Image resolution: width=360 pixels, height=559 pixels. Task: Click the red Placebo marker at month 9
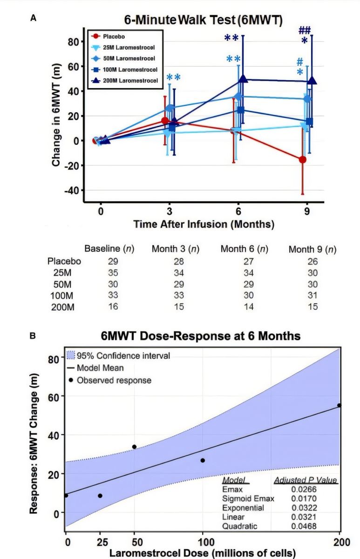(x=303, y=159)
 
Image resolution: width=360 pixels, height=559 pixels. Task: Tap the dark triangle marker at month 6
(x=243, y=79)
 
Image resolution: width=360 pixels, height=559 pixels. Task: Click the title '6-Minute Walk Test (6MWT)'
(x=203, y=20)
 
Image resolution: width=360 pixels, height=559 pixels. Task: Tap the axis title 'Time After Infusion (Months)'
(x=204, y=224)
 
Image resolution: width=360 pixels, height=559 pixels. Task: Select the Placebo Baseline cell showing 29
(x=109, y=261)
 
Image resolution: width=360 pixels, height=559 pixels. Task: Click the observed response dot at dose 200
(x=339, y=405)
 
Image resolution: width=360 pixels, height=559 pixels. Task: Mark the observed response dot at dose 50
(x=134, y=447)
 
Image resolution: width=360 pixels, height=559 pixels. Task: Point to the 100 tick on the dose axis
(x=203, y=543)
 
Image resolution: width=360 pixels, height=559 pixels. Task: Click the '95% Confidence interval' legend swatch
(x=71, y=356)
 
